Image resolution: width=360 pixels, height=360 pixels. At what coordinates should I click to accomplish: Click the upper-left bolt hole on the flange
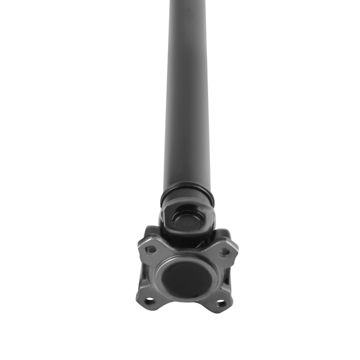point(151,249)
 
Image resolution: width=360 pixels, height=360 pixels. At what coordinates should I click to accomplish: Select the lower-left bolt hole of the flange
point(149,300)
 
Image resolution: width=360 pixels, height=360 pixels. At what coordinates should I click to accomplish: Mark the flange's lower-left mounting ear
point(145,301)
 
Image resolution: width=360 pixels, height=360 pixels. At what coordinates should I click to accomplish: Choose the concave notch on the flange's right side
point(230,277)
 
